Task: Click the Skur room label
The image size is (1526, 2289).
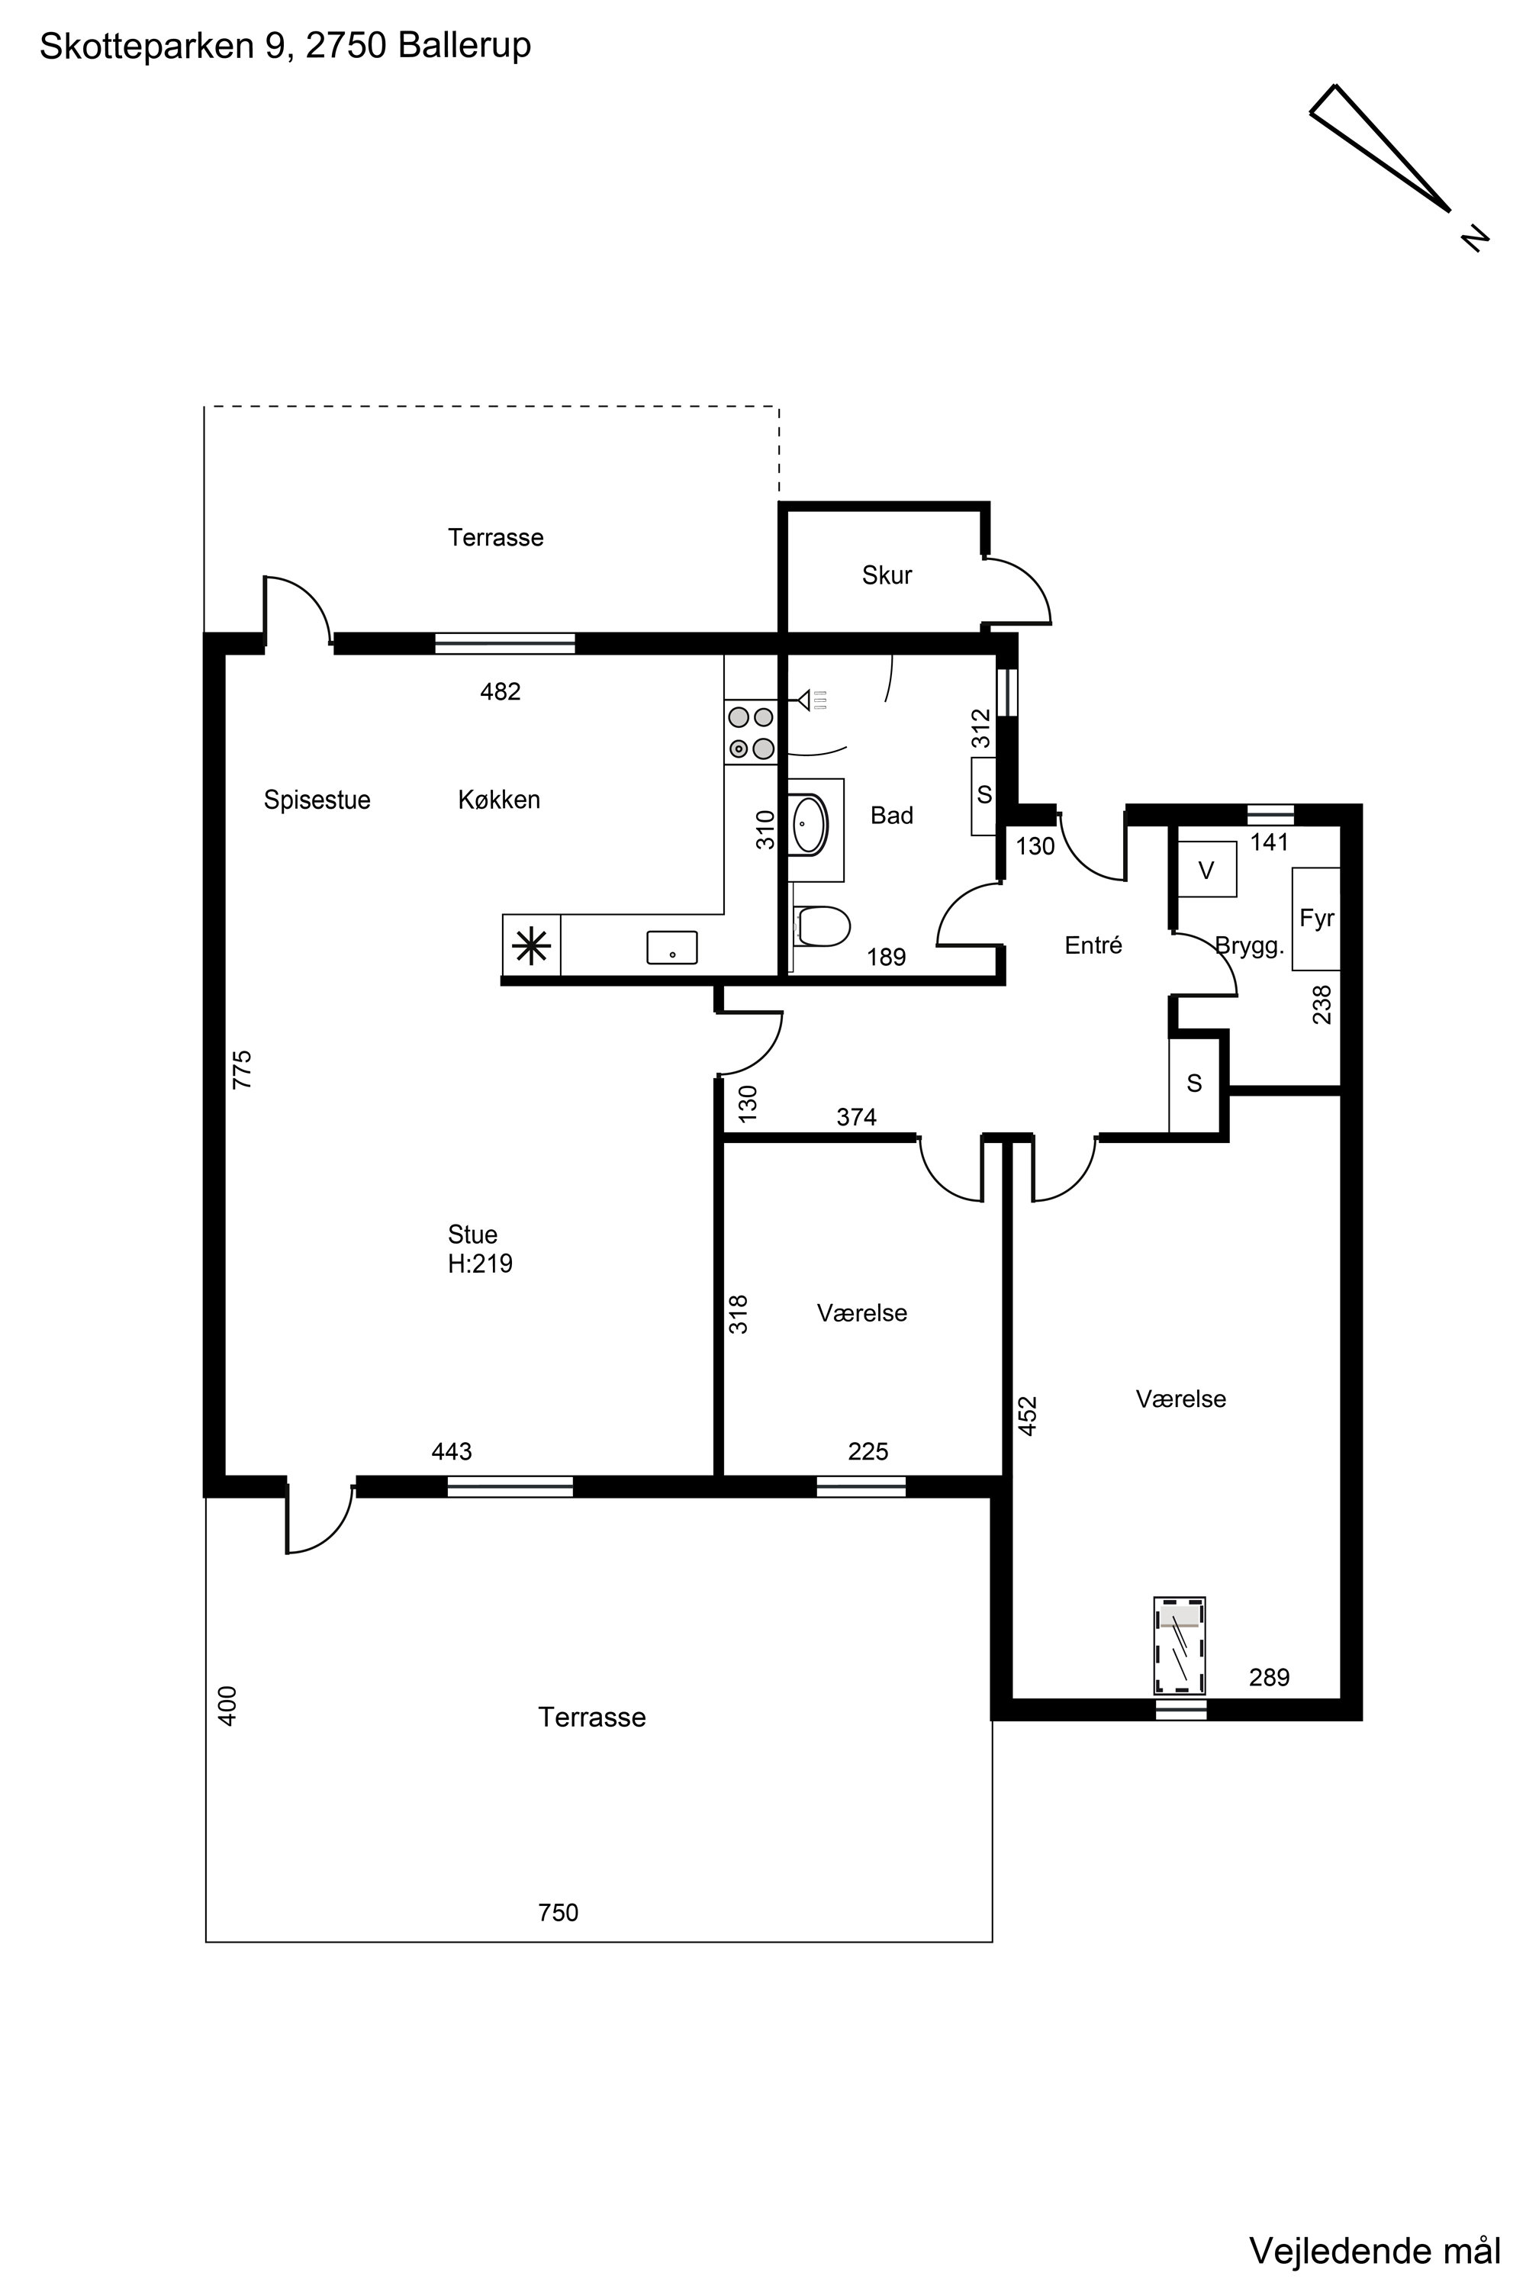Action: (887, 575)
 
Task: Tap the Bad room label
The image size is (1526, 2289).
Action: (891, 816)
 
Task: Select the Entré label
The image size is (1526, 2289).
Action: (1093, 945)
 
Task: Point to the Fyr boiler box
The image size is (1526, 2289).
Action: (1315, 919)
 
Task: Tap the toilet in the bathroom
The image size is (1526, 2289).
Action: (823, 926)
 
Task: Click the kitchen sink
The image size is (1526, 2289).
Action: (672, 947)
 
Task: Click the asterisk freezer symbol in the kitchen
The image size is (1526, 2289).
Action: (531, 945)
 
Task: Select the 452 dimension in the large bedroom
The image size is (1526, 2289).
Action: (1028, 1415)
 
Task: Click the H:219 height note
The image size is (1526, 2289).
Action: (480, 1264)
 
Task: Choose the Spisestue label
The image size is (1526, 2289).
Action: (317, 800)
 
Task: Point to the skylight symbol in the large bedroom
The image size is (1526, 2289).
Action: (1180, 1646)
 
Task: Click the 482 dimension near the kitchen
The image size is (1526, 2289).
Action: (501, 691)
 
